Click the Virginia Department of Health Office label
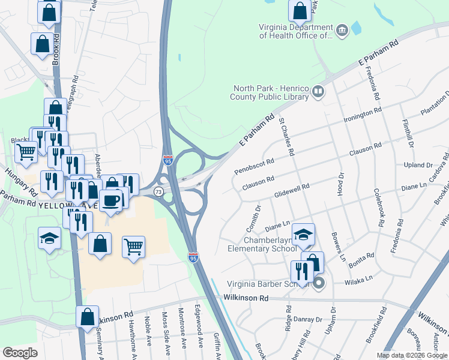point(296,31)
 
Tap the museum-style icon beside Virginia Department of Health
point(342,30)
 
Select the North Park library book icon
point(318,92)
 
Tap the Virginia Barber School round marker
point(319,284)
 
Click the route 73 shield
point(158,191)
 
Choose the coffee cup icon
point(110,200)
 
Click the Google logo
point(20,353)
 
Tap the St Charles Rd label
point(286,137)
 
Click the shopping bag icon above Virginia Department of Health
point(300,10)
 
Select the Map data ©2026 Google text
point(411,355)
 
